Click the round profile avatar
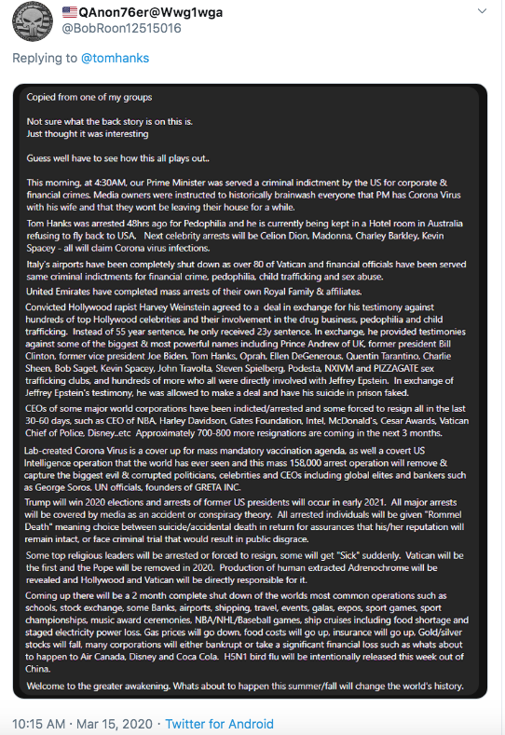coord(30,20)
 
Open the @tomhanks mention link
coord(113,58)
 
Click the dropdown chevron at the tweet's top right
coord(481,11)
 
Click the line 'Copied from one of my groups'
coord(89,98)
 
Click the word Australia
coord(449,225)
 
